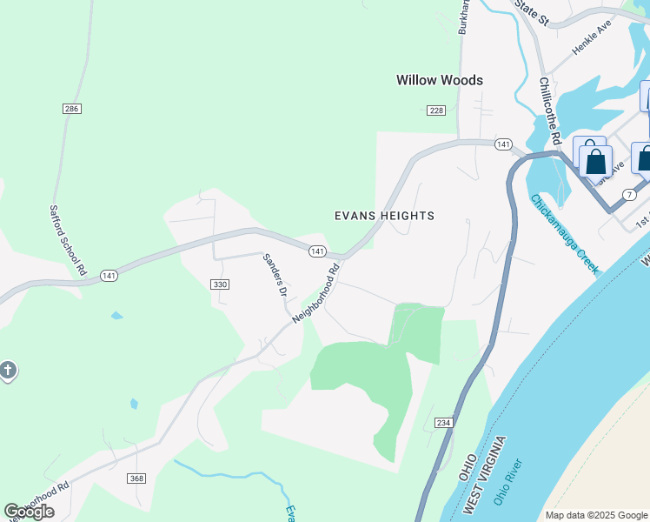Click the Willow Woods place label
click(x=439, y=80)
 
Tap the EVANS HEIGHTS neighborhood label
click(x=384, y=216)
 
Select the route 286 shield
click(x=71, y=109)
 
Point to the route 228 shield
click(x=436, y=110)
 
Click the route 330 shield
click(x=219, y=284)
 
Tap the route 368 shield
click(x=136, y=478)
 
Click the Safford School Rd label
click(x=67, y=241)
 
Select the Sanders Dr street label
click(x=275, y=274)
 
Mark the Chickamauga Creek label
click(x=564, y=233)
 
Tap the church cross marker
click(x=7, y=371)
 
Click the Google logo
click(x=29, y=512)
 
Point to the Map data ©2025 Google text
click(x=596, y=515)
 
